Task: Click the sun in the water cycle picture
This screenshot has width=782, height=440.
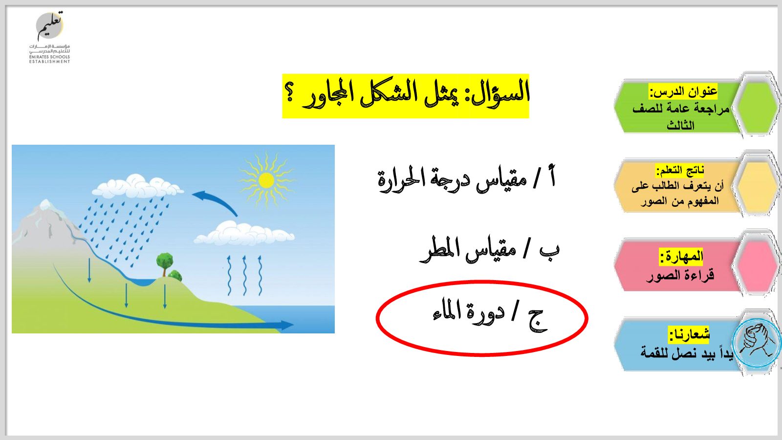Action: (266, 180)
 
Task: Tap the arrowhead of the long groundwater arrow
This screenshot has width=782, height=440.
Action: (287, 326)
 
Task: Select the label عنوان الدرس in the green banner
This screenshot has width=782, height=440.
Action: (683, 91)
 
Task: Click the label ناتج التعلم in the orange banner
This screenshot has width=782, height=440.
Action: (680, 171)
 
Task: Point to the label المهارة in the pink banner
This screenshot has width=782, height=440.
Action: (681, 257)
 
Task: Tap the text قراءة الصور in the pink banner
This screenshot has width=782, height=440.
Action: (680, 276)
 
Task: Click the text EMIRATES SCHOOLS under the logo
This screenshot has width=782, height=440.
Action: (49, 57)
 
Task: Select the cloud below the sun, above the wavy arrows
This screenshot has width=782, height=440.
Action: (244, 233)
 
